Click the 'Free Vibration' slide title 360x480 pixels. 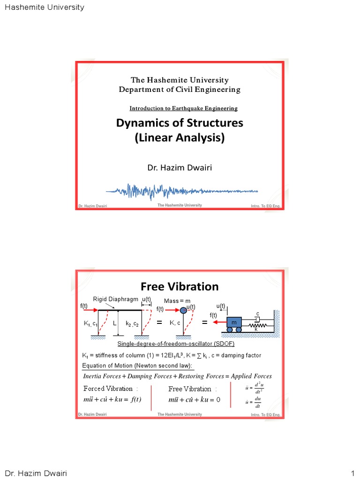click(180, 286)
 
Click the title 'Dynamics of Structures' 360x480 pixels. click(180, 123)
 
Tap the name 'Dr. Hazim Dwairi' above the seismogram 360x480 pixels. click(180, 167)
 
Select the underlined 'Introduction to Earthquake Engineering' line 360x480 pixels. click(183, 108)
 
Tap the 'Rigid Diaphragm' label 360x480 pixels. click(115, 299)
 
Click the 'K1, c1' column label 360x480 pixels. click(90, 323)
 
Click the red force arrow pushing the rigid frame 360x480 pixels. click(88, 310)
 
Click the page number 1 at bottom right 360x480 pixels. click(352, 473)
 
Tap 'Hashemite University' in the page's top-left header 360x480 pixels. click(44, 7)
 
